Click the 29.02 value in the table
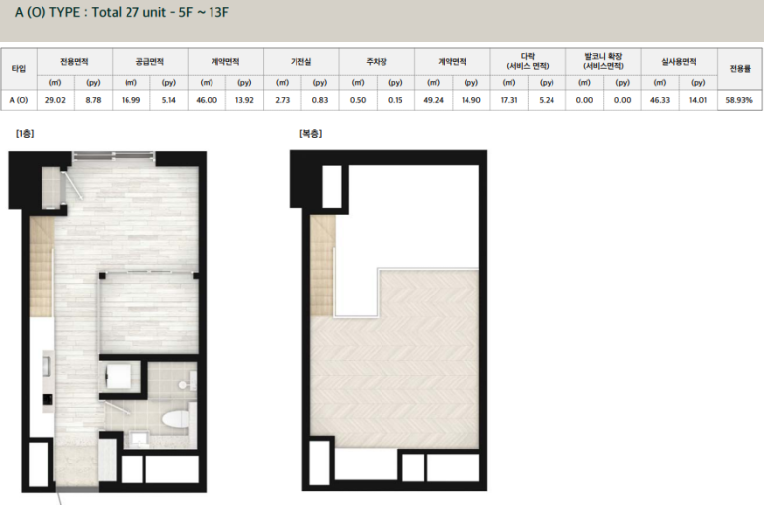(55, 100)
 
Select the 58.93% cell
(738, 100)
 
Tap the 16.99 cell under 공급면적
(130, 100)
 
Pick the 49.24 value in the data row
(433, 100)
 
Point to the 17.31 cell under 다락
(509, 100)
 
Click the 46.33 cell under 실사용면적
(660, 100)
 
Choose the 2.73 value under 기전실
(282, 100)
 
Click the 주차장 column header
(377, 62)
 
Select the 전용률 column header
(739, 68)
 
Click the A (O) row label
(19, 100)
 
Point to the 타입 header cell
(19, 68)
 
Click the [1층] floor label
(25, 134)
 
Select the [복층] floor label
(311, 134)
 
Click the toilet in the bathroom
(175, 419)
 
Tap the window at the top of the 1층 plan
(114, 156)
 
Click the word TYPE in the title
(65, 12)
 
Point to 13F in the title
(218, 12)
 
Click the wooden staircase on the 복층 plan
(323, 266)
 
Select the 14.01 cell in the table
(697, 100)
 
